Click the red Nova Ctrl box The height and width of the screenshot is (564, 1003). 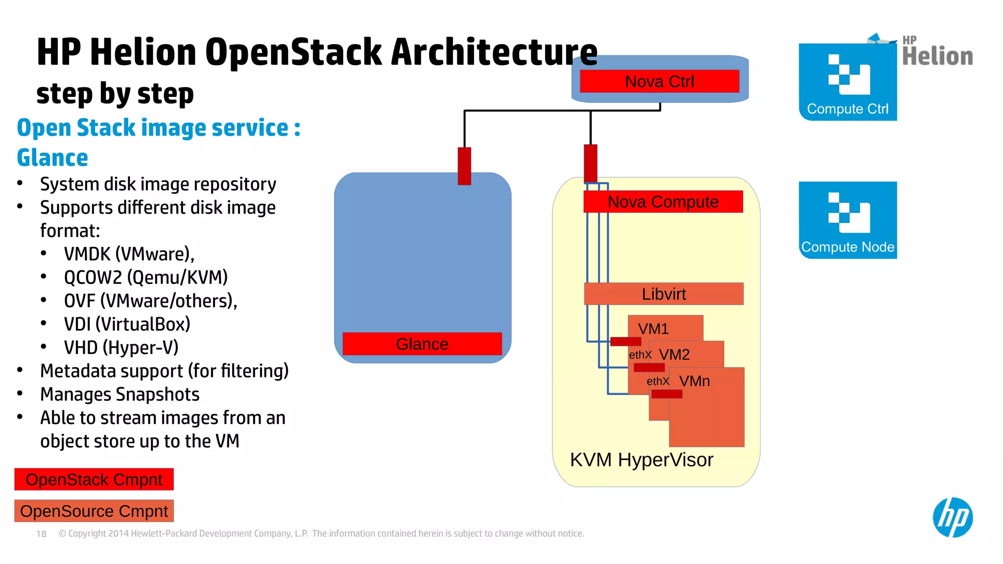click(x=659, y=81)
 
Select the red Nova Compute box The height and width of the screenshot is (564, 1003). click(x=663, y=202)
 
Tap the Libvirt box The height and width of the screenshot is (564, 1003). click(x=664, y=294)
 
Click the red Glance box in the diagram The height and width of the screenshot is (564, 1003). click(x=422, y=344)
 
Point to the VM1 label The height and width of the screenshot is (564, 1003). click(x=653, y=329)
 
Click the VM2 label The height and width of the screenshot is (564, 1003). click(x=674, y=354)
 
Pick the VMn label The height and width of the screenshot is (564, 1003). click(x=694, y=381)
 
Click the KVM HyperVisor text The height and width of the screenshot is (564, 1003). click(x=642, y=460)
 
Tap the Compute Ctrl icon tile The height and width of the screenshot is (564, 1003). click(x=848, y=82)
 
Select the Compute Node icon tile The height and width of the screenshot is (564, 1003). click(x=848, y=220)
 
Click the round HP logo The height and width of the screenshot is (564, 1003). click(x=953, y=517)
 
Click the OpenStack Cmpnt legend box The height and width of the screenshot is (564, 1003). click(x=94, y=479)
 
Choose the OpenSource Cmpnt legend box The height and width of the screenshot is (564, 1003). click(x=94, y=511)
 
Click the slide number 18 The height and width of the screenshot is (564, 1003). click(x=41, y=534)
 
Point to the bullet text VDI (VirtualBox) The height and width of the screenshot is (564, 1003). click(x=127, y=324)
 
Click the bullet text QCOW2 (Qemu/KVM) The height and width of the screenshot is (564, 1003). click(x=145, y=277)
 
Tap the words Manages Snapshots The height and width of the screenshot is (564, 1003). click(x=119, y=394)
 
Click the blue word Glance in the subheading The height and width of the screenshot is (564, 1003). click(x=52, y=158)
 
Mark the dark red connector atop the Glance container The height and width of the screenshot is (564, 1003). click(x=464, y=166)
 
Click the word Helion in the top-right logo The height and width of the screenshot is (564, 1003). click(x=937, y=56)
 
